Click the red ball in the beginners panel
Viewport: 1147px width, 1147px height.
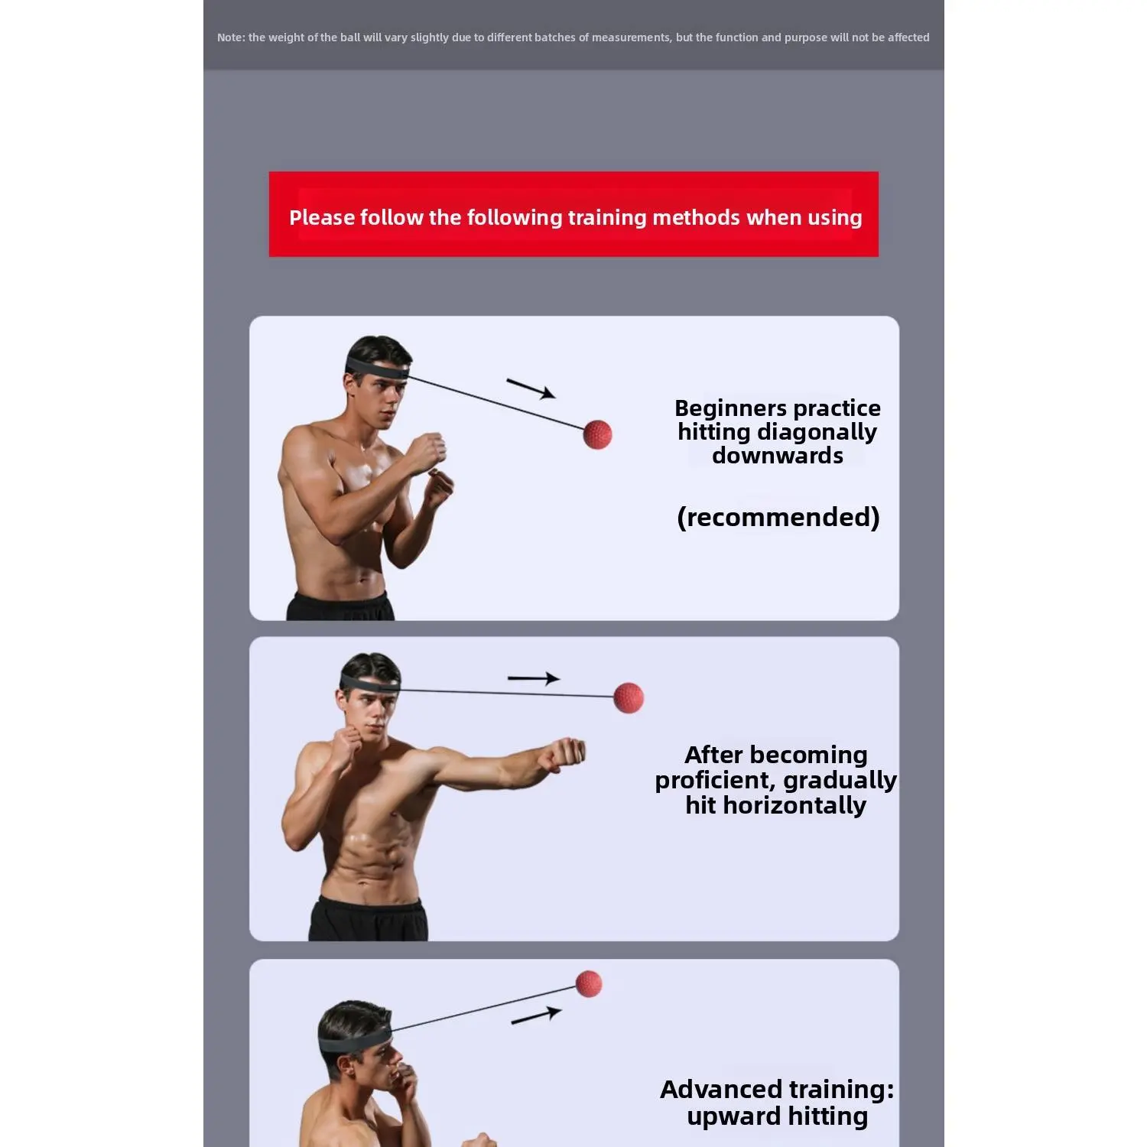(597, 434)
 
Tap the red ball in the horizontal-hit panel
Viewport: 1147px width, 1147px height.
(629, 697)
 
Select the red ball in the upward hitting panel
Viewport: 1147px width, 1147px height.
(589, 983)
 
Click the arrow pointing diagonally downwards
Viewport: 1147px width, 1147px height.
(531, 388)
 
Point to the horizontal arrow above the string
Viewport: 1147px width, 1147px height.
(534, 678)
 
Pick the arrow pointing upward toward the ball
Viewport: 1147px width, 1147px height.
(536, 1015)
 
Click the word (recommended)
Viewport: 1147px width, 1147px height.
(778, 518)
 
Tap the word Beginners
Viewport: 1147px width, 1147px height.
(728, 409)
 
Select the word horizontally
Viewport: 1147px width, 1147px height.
(794, 806)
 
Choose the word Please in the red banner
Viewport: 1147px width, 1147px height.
(321, 218)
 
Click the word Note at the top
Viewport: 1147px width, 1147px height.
(230, 37)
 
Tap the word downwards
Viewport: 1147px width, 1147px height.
(778, 456)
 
